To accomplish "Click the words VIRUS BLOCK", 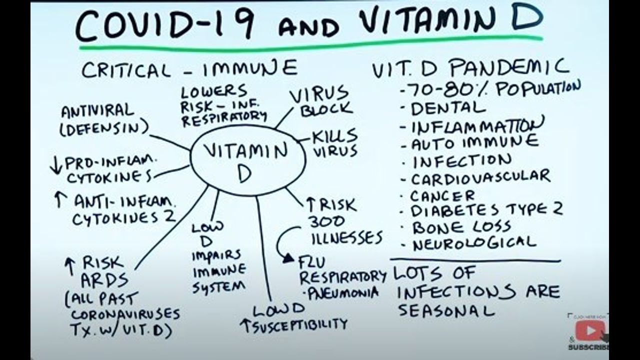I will coord(325,101).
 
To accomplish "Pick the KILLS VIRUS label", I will coord(334,143).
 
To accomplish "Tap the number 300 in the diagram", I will coord(326,220).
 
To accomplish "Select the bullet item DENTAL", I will coord(448,108).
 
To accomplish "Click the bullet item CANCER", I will coord(442,195).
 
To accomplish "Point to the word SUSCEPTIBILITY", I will coord(299,324).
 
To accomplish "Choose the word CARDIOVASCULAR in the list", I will coord(480,177).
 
